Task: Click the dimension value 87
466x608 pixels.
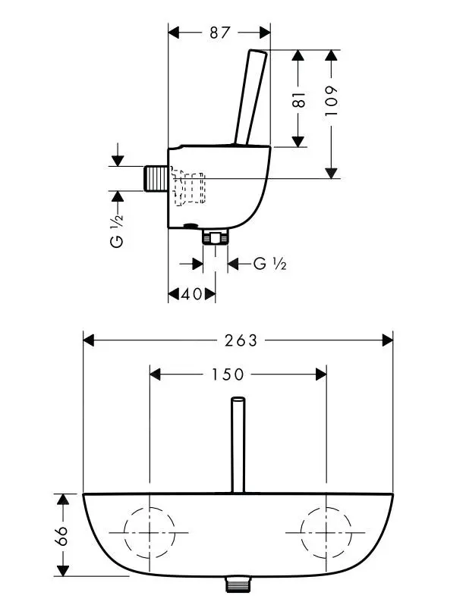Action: tap(219, 33)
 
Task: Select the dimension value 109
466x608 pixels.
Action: tap(331, 99)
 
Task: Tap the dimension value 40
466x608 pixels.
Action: tap(192, 294)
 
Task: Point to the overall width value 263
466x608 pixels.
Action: tap(241, 340)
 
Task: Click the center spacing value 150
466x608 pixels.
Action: tap(228, 374)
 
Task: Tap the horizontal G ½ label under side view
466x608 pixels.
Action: tap(269, 264)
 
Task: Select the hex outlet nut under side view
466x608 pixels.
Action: tap(216, 239)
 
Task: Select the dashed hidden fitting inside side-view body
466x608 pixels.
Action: tap(188, 190)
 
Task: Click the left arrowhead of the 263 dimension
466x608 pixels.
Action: tap(88, 340)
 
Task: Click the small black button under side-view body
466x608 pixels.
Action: tap(190, 226)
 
